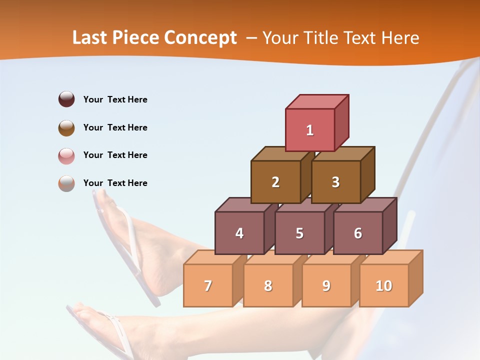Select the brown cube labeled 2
point(275,182)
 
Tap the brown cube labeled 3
point(335,182)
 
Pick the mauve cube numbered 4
point(239,233)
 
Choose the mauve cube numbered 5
point(299,233)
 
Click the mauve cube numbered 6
point(358,233)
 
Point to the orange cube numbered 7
point(208,285)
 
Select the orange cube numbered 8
point(268,285)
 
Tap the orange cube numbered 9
point(326,285)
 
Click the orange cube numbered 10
point(383,285)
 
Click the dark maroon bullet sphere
point(66,99)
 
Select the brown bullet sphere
point(66,127)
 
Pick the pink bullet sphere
point(66,155)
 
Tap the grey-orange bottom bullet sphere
point(66,183)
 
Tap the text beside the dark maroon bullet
point(115,99)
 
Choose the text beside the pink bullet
point(115,155)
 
